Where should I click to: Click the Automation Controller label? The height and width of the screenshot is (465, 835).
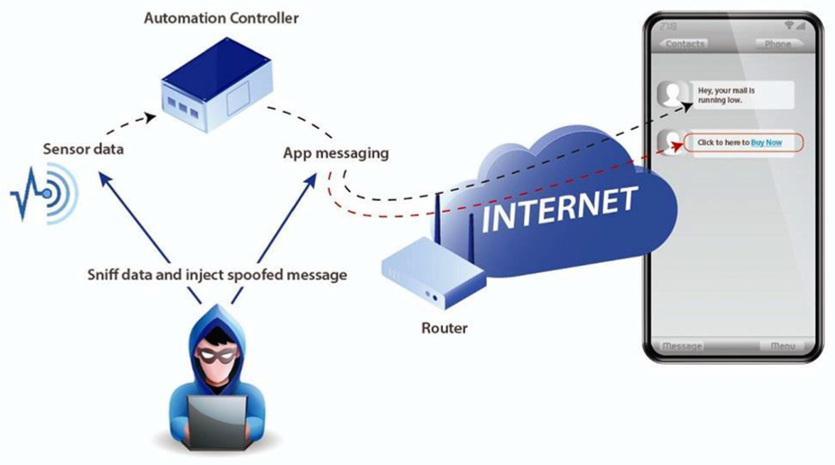click(x=221, y=18)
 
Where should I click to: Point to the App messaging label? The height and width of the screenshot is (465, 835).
click(x=335, y=153)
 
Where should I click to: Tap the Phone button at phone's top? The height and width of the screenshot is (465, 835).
click(x=776, y=43)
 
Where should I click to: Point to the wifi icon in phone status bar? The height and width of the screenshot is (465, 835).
click(x=789, y=25)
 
